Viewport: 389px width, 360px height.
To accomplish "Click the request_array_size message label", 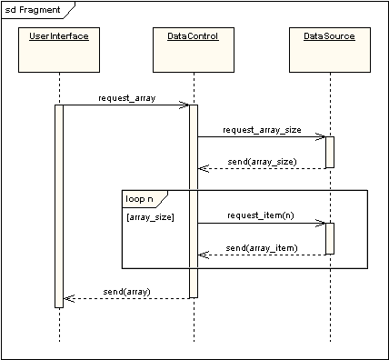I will tap(262, 129).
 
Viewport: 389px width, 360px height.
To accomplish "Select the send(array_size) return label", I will tap(262, 160).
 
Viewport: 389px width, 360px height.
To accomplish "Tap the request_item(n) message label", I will tap(262, 215).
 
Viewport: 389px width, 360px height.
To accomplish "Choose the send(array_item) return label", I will tap(262, 246).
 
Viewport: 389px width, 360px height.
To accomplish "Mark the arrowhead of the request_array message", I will tap(185, 105).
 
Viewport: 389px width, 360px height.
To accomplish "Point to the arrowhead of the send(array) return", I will tap(67, 298).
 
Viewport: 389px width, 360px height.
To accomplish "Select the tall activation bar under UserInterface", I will tap(59, 205).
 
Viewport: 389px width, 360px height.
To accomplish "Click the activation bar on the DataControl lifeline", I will tap(193, 200).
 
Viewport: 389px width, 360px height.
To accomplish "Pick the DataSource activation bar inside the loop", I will tap(329, 238).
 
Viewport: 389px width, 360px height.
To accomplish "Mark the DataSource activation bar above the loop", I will tap(329, 152).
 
